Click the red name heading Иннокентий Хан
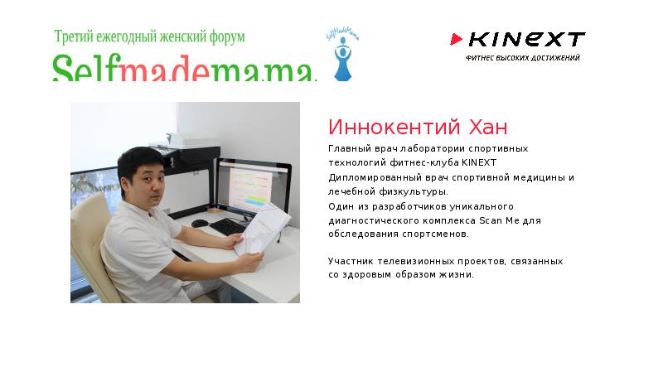(x=418, y=128)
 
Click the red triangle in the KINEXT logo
(x=456, y=39)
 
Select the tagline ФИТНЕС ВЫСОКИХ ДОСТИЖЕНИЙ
(x=522, y=58)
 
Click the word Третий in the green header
(x=75, y=37)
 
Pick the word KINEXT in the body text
(x=479, y=162)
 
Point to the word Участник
(x=351, y=261)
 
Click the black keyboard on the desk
(x=227, y=226)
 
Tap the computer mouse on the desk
(x=200, y=223)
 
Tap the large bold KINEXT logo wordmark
(x=526, y=39)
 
